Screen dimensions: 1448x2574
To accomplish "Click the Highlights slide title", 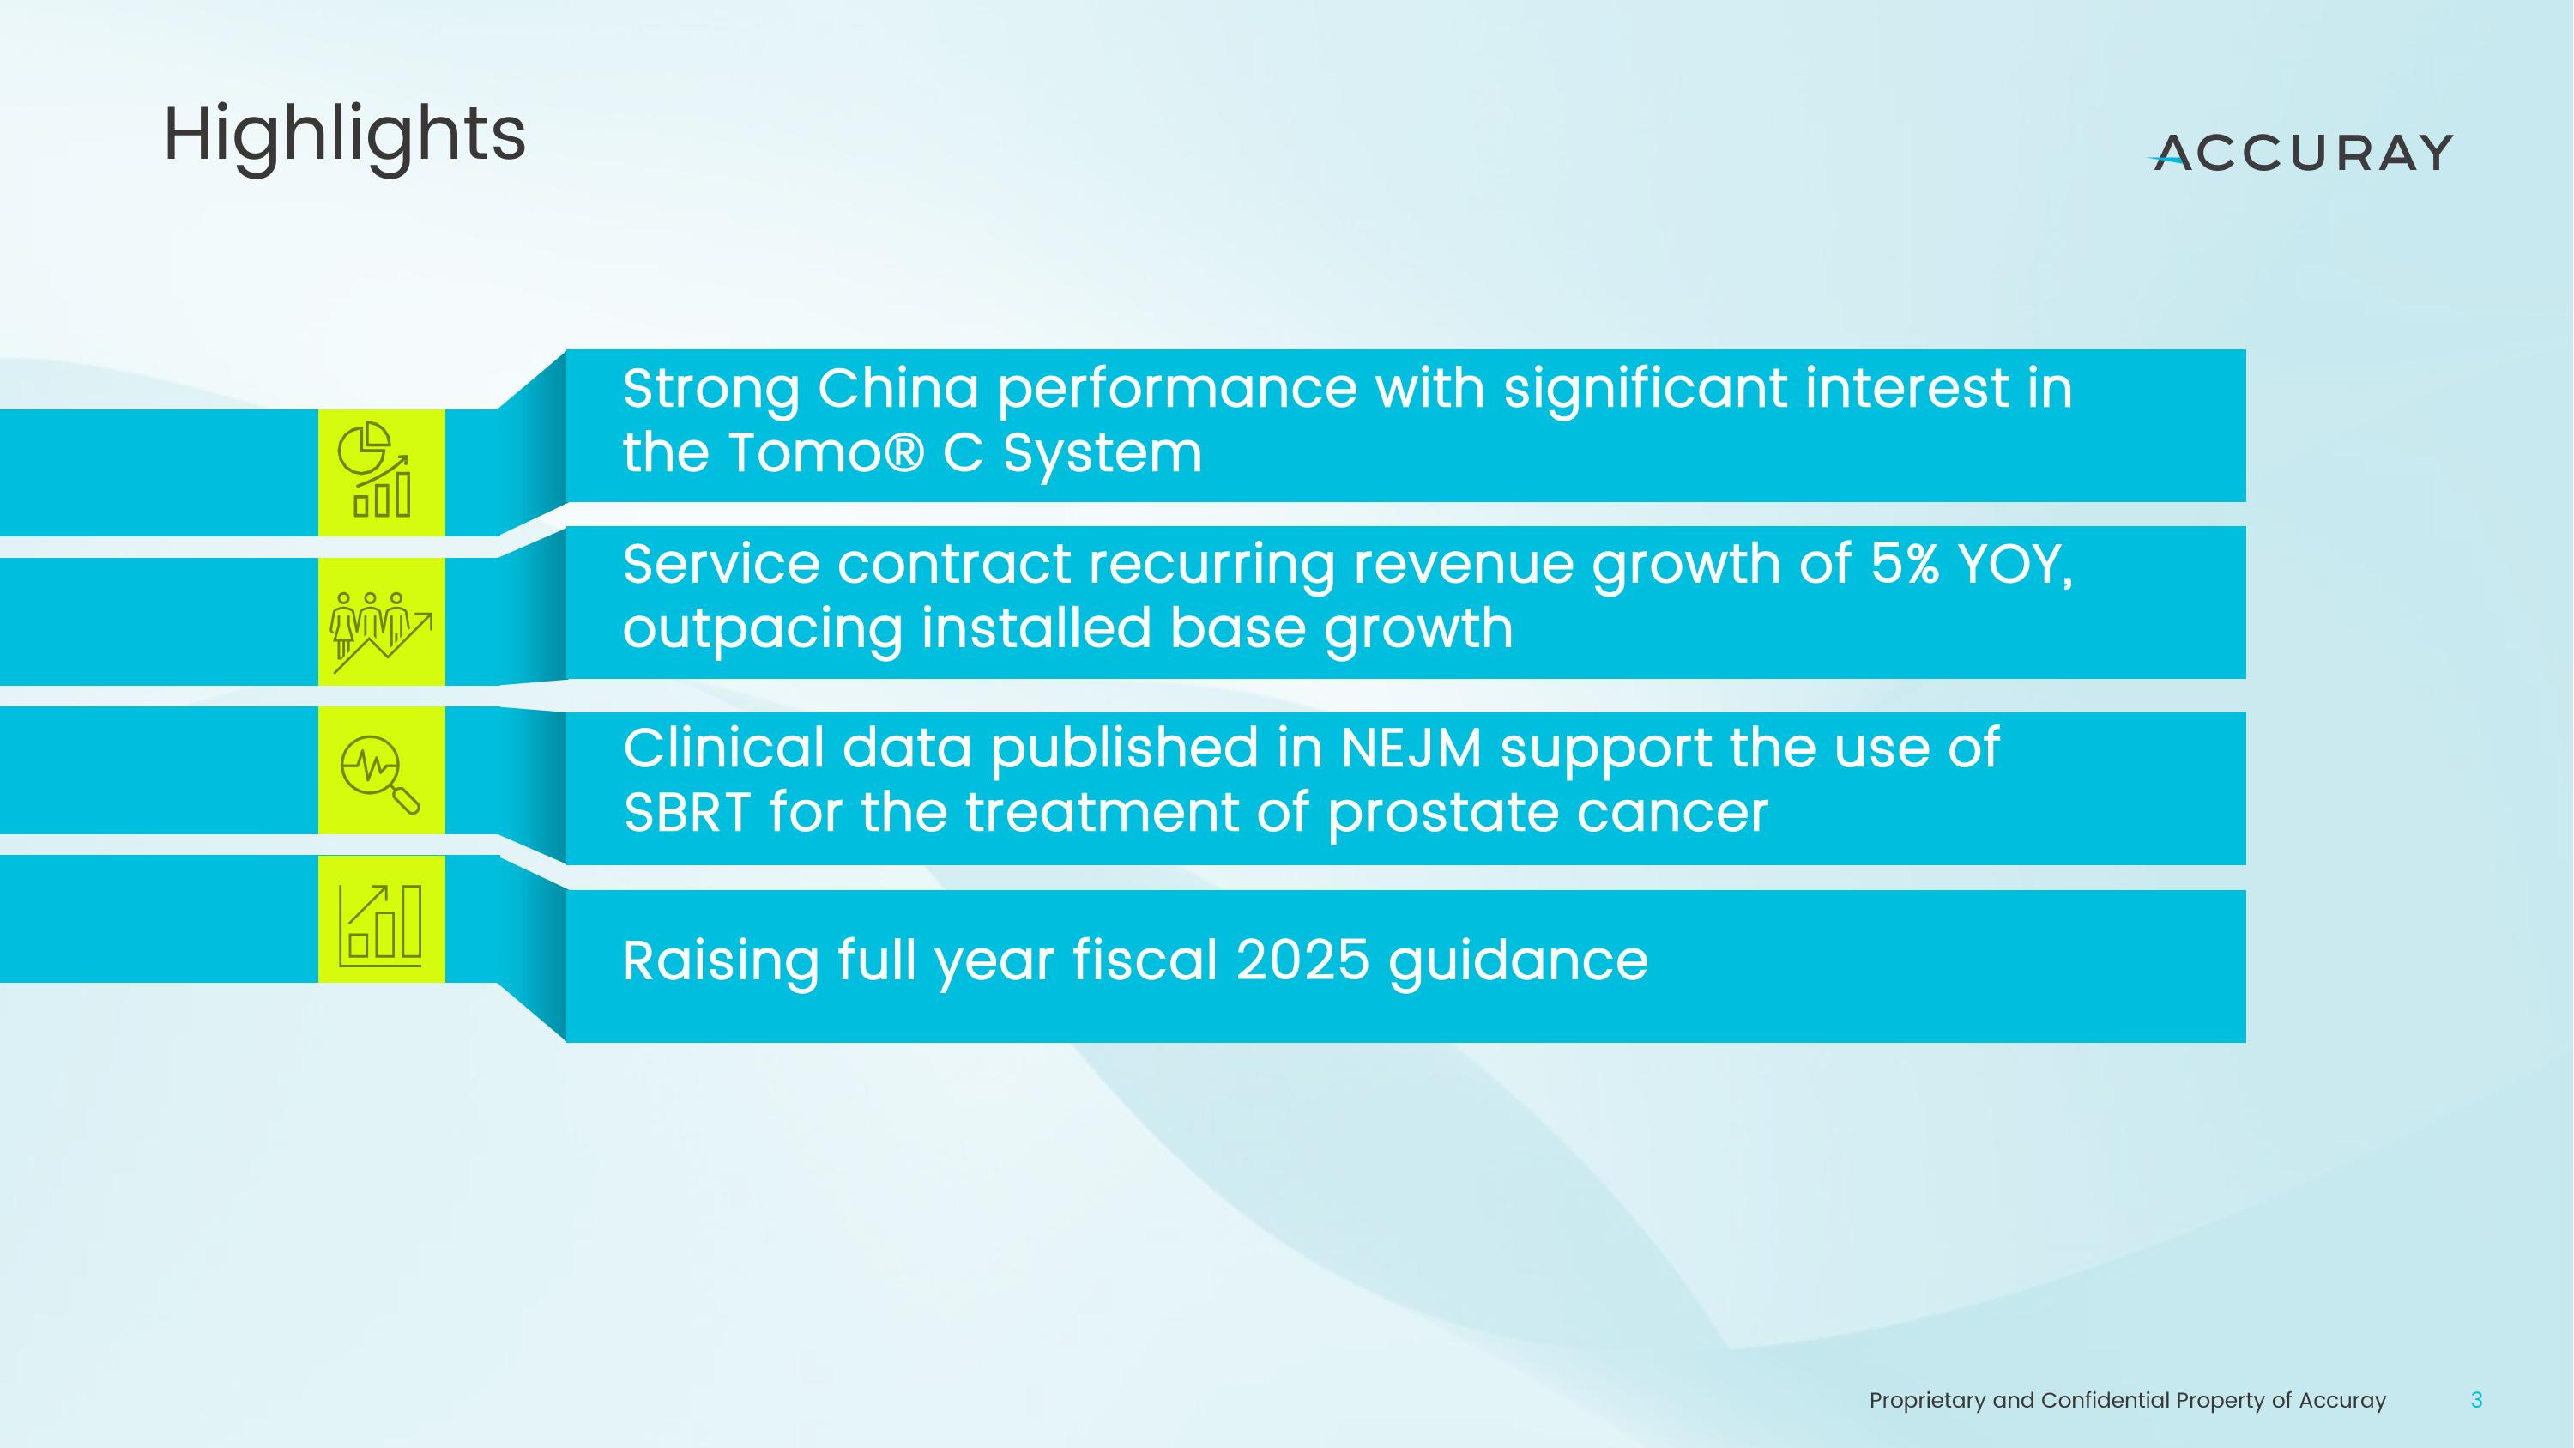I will [x=344, y=135].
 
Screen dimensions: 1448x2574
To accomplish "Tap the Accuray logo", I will [x=2301, y=153].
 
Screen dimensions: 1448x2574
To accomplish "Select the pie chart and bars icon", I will [x=381, y=472].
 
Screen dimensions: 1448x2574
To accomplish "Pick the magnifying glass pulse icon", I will [x=381, y=772].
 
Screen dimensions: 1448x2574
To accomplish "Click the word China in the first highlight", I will [x=897, y=388].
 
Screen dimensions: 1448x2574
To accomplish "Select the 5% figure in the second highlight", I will [x=1904, y=564].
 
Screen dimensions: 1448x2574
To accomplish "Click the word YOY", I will [x=2015, y=566].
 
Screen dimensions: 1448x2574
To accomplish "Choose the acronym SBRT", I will [x=686, y=813].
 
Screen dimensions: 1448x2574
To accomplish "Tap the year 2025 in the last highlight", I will [x=1302, y=961].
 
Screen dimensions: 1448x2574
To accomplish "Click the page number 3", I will [x=2476, y=1400].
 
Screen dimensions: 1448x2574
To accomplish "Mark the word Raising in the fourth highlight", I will [x=721, y=961].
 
